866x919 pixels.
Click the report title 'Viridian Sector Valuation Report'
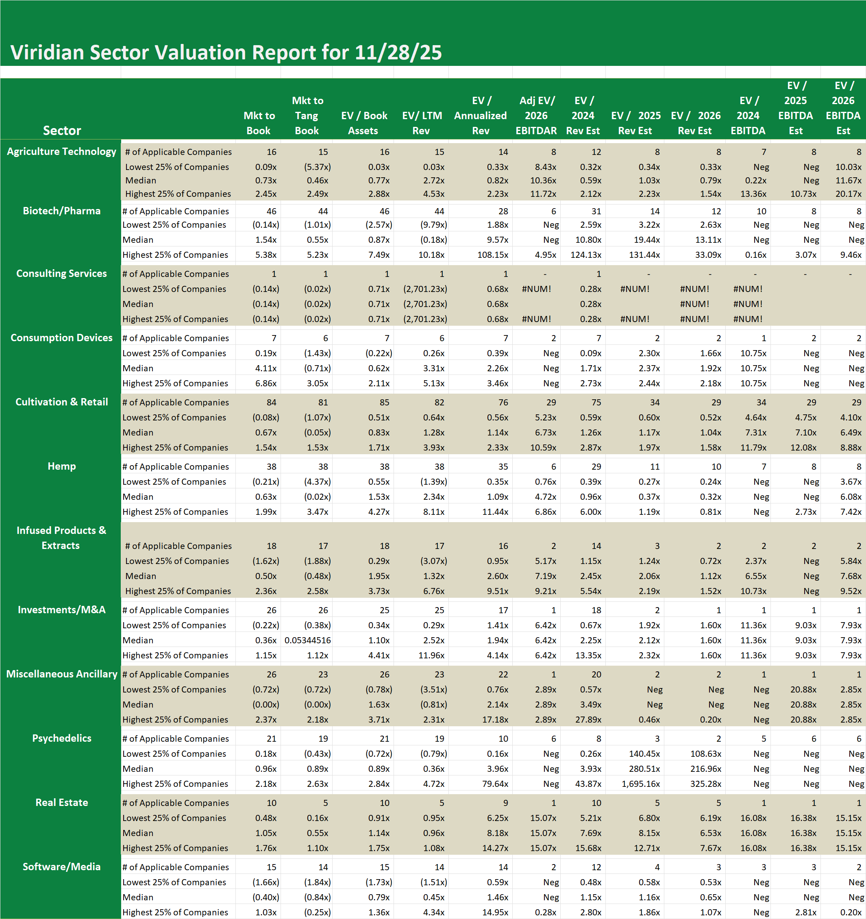[x=226, y=52]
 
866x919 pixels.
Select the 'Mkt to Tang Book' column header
[x=307, y=115]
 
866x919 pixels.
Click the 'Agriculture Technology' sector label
[x=61, y=152]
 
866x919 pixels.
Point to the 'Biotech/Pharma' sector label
[x=61, y=211]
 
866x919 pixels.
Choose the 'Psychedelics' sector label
[x=61, y=738]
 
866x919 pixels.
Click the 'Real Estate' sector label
[x=61, y=803]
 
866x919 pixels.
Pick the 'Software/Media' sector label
[x=61, y=867]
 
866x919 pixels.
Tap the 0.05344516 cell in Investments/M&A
[x=308, y=640]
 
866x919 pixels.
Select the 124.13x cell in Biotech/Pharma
[x=586, y=255]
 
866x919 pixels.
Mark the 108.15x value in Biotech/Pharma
[x=493, y=255]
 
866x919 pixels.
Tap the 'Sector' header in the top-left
[x=62, y=131]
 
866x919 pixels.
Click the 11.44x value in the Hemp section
[x=495, y=512]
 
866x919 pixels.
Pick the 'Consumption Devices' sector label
[x=61, y=338]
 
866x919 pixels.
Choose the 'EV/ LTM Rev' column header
[x=422, y=123]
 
